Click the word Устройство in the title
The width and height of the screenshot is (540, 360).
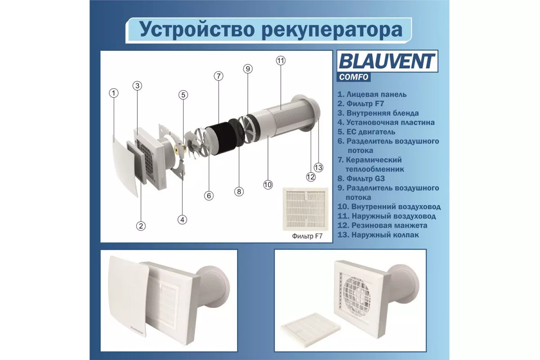[197, 30]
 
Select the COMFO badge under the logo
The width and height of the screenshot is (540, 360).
[354, 77]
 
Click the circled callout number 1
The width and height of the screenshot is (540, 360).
[113, 93]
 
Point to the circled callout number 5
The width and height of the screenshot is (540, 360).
[183, 95]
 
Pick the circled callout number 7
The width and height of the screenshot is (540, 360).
[218, 76]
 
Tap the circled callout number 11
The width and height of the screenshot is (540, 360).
[281, 60]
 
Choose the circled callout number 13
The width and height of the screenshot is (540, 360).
[319, 167]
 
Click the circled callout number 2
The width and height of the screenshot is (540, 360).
[141, 226]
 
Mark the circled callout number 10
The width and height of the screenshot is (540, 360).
[268, 184]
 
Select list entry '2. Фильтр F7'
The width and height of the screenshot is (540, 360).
[360, 103]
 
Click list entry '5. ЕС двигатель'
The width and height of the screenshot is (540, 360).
[366, 132]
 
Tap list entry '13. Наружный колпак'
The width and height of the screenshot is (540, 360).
[378, 234]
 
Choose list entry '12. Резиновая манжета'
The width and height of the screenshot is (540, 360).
[382, 225]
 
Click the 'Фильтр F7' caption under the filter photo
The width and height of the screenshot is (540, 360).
[307, 236]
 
